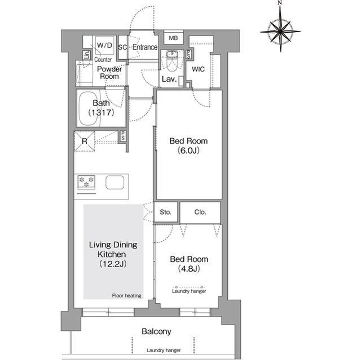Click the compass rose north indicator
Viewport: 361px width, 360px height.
click(x=280, y=3)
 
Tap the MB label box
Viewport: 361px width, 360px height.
click(x=173, y=38)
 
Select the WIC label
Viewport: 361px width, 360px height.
click(x=198, y=69)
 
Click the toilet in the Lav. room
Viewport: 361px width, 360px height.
click(x=171, y=61)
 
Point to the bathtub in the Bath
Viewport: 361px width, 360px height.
click(x=90, y=109)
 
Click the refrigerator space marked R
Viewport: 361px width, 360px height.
click(x=85, y=141)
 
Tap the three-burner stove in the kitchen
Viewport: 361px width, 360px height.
click(x=86, y=183)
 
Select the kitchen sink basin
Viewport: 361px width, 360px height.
click(x=115, y=183)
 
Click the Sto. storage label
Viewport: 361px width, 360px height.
click(x=165, y=212)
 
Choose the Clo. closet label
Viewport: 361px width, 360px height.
click(x=200, y=212)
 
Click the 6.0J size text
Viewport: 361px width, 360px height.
click(x=188, y=150)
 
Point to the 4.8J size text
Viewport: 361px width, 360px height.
click(x=189, y=269)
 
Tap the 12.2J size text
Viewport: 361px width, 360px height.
click(x=113, y=264)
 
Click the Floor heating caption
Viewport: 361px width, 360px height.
click(x=126, y=296)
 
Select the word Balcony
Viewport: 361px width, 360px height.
click(x=157, y=331)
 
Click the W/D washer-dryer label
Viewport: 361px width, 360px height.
click(x=104, y=45)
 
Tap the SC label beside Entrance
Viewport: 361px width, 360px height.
click(x=122, y=47)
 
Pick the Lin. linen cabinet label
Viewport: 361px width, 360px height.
click(x=86, y=55)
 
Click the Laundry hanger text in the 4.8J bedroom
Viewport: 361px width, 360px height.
click(x=189, y=291)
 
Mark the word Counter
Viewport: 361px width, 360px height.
click(x=103, y=60)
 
